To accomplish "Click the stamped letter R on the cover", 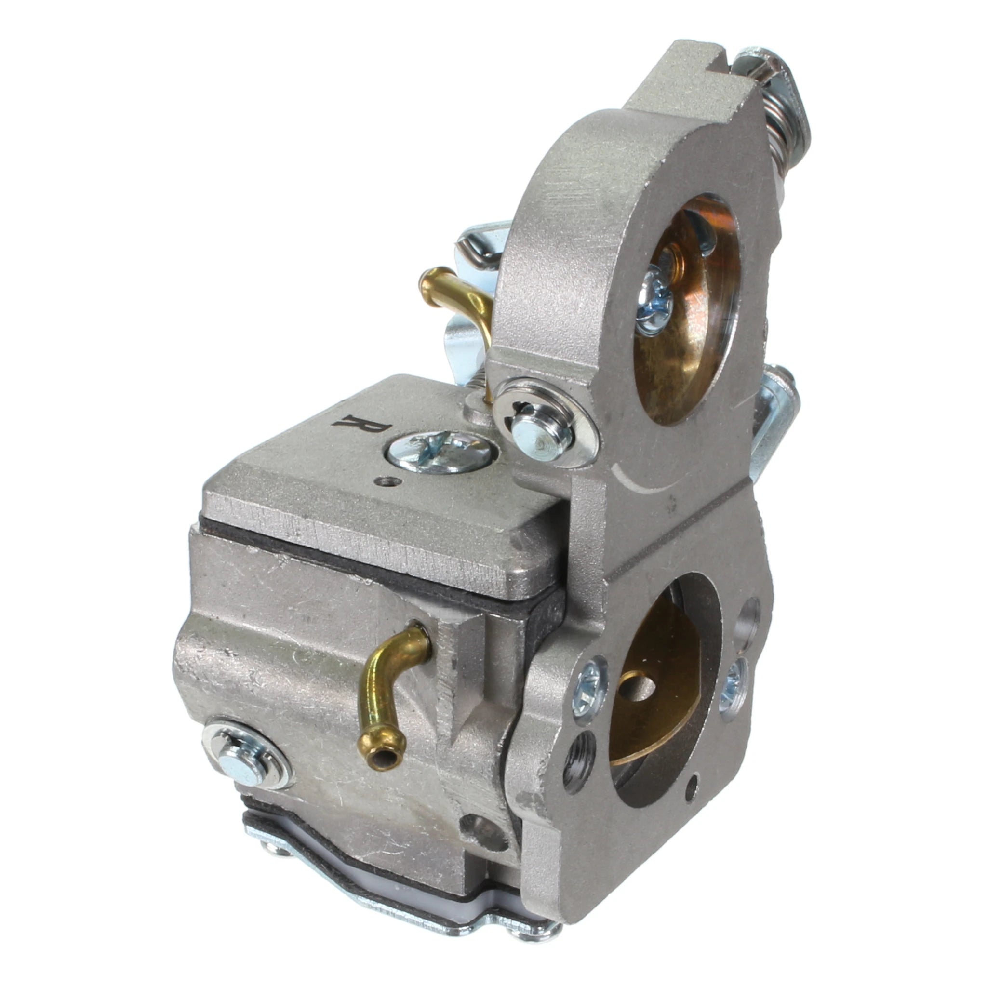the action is [362, 426].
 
